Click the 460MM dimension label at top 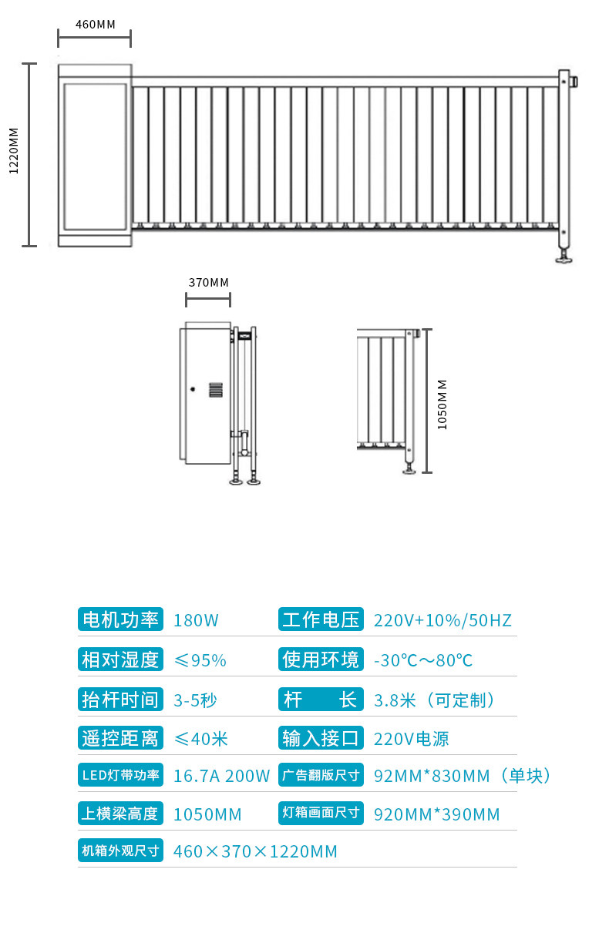[95, 24]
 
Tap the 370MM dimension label [208, 282]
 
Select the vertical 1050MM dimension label [442, 404]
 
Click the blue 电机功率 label [120, 619]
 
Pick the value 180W [196, 620]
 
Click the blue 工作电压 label [321, 619]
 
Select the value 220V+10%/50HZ [442, 620]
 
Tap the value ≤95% [200, 660]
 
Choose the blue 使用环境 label [321, 659]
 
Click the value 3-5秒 [195, 700]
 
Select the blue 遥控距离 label [120, 738]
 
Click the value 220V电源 [411, 739]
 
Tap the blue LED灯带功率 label [120, 775]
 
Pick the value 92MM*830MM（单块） [463, 776]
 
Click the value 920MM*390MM [436, 814]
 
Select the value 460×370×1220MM [255, 851]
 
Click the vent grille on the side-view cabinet [216, 389]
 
